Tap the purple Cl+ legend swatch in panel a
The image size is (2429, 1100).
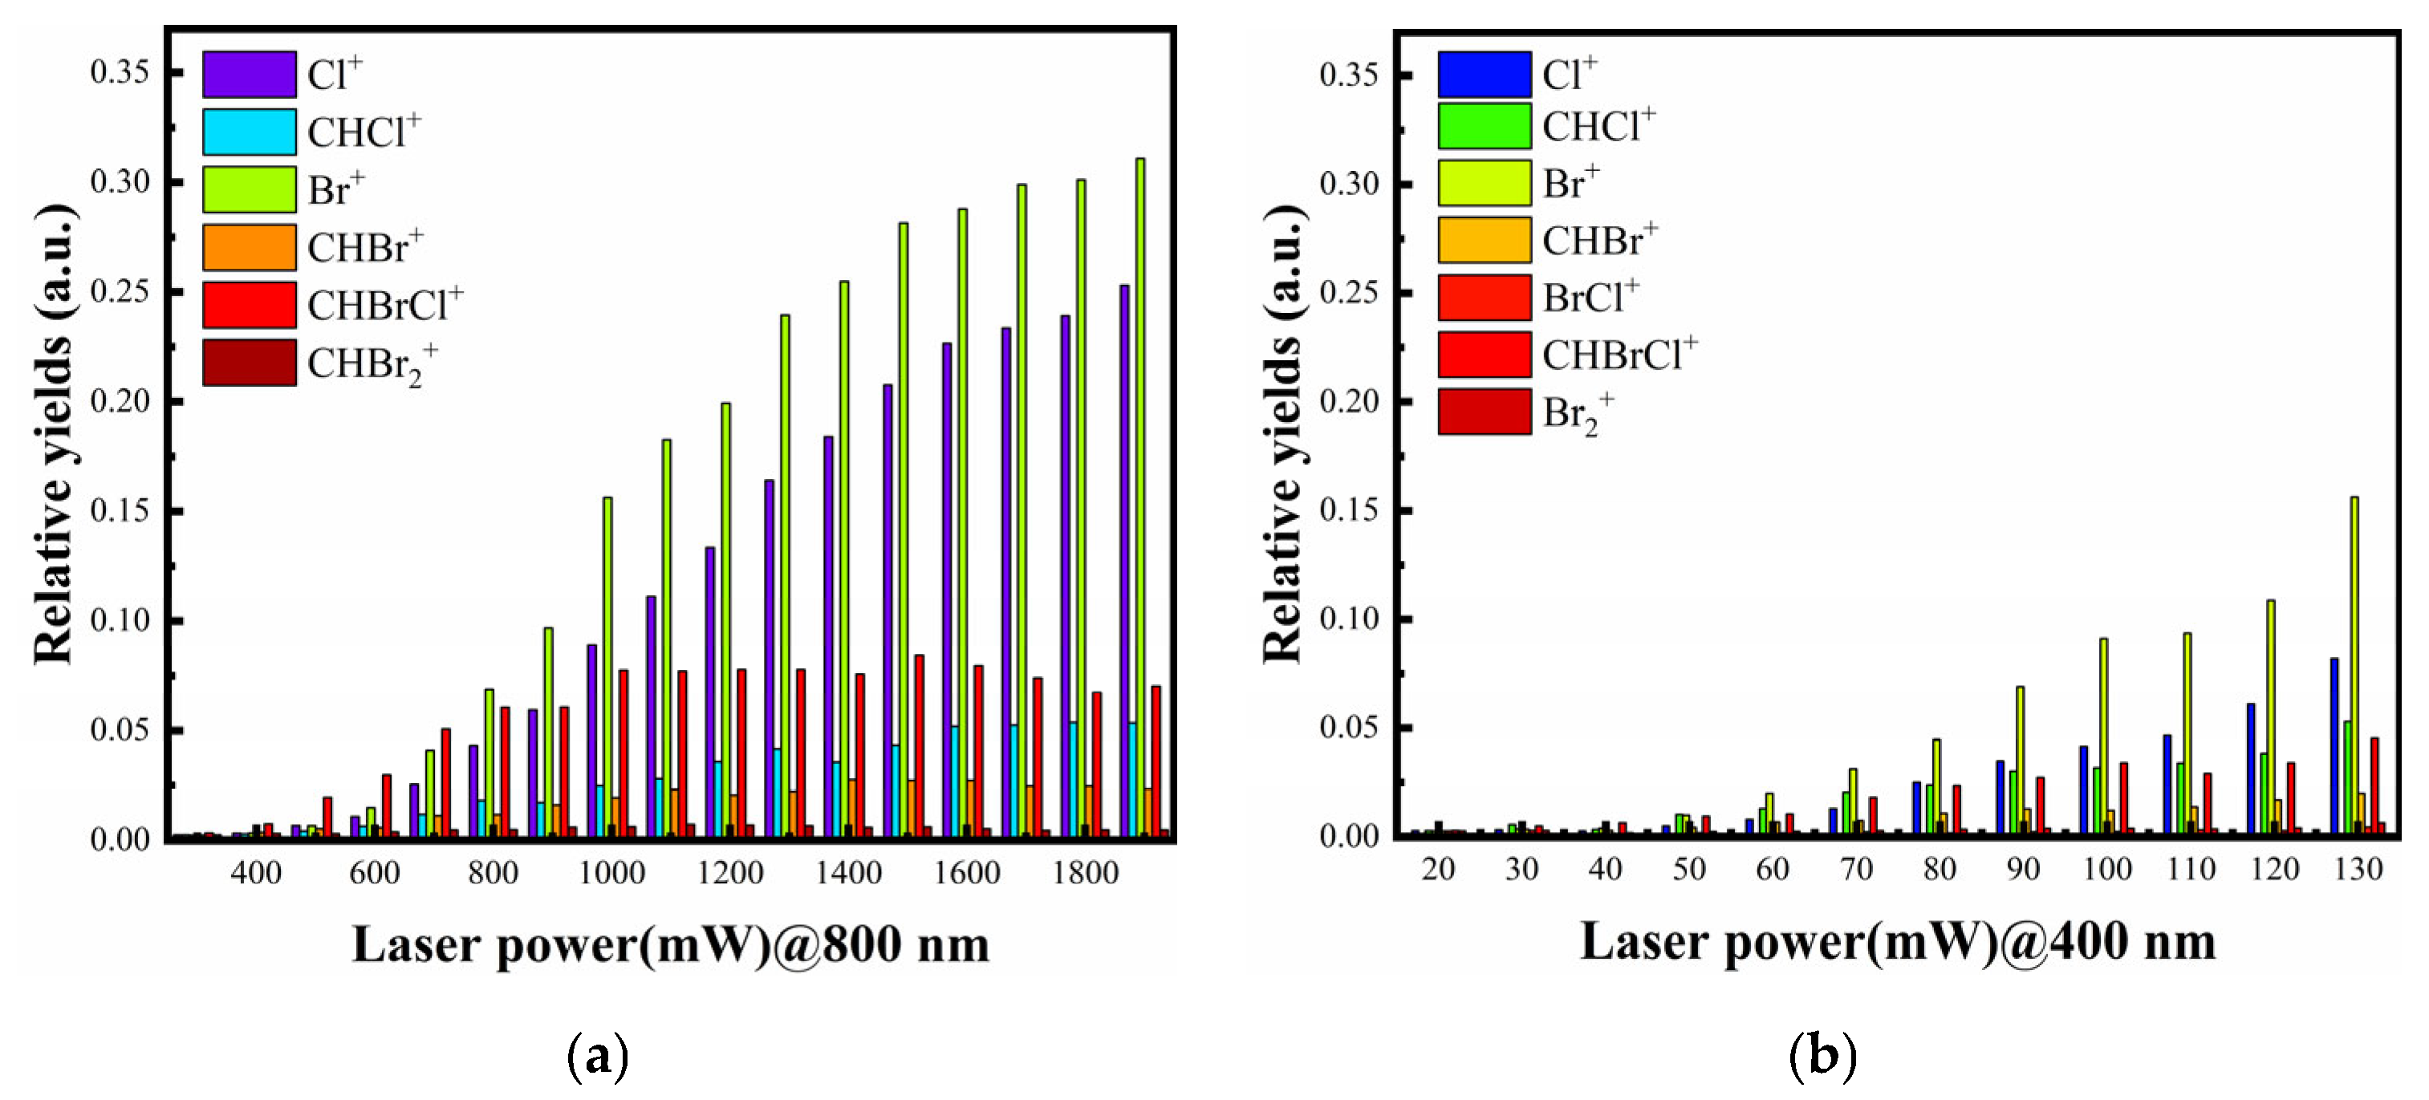tap(249, 75)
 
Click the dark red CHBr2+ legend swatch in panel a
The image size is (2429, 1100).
tap(249, 363)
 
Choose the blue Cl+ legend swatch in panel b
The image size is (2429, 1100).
tap(1485, 75)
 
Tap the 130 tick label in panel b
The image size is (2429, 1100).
tap(2358, 869)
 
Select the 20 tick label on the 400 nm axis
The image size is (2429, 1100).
tap(1438, 869)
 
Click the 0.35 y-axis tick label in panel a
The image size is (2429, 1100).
tap(120, 71)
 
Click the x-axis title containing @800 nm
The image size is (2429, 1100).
tap(670, 944)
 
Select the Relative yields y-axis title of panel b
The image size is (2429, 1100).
tap(1283, 433)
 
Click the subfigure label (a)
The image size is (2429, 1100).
tap(597, 1057)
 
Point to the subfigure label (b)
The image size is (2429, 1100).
tap(1822, 1057)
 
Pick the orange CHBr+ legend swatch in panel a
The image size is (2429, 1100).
tap(249, 248)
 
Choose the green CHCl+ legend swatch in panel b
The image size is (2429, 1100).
tap(1485, 126)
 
